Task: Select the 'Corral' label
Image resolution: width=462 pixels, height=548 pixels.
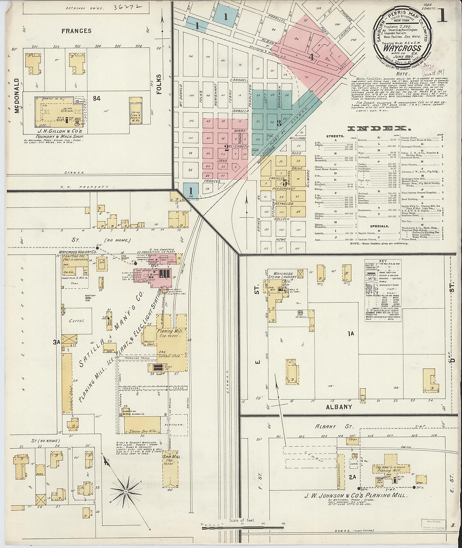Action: [x=76, y=321]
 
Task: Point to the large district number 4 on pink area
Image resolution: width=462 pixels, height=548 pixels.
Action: [x=311, y=57]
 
